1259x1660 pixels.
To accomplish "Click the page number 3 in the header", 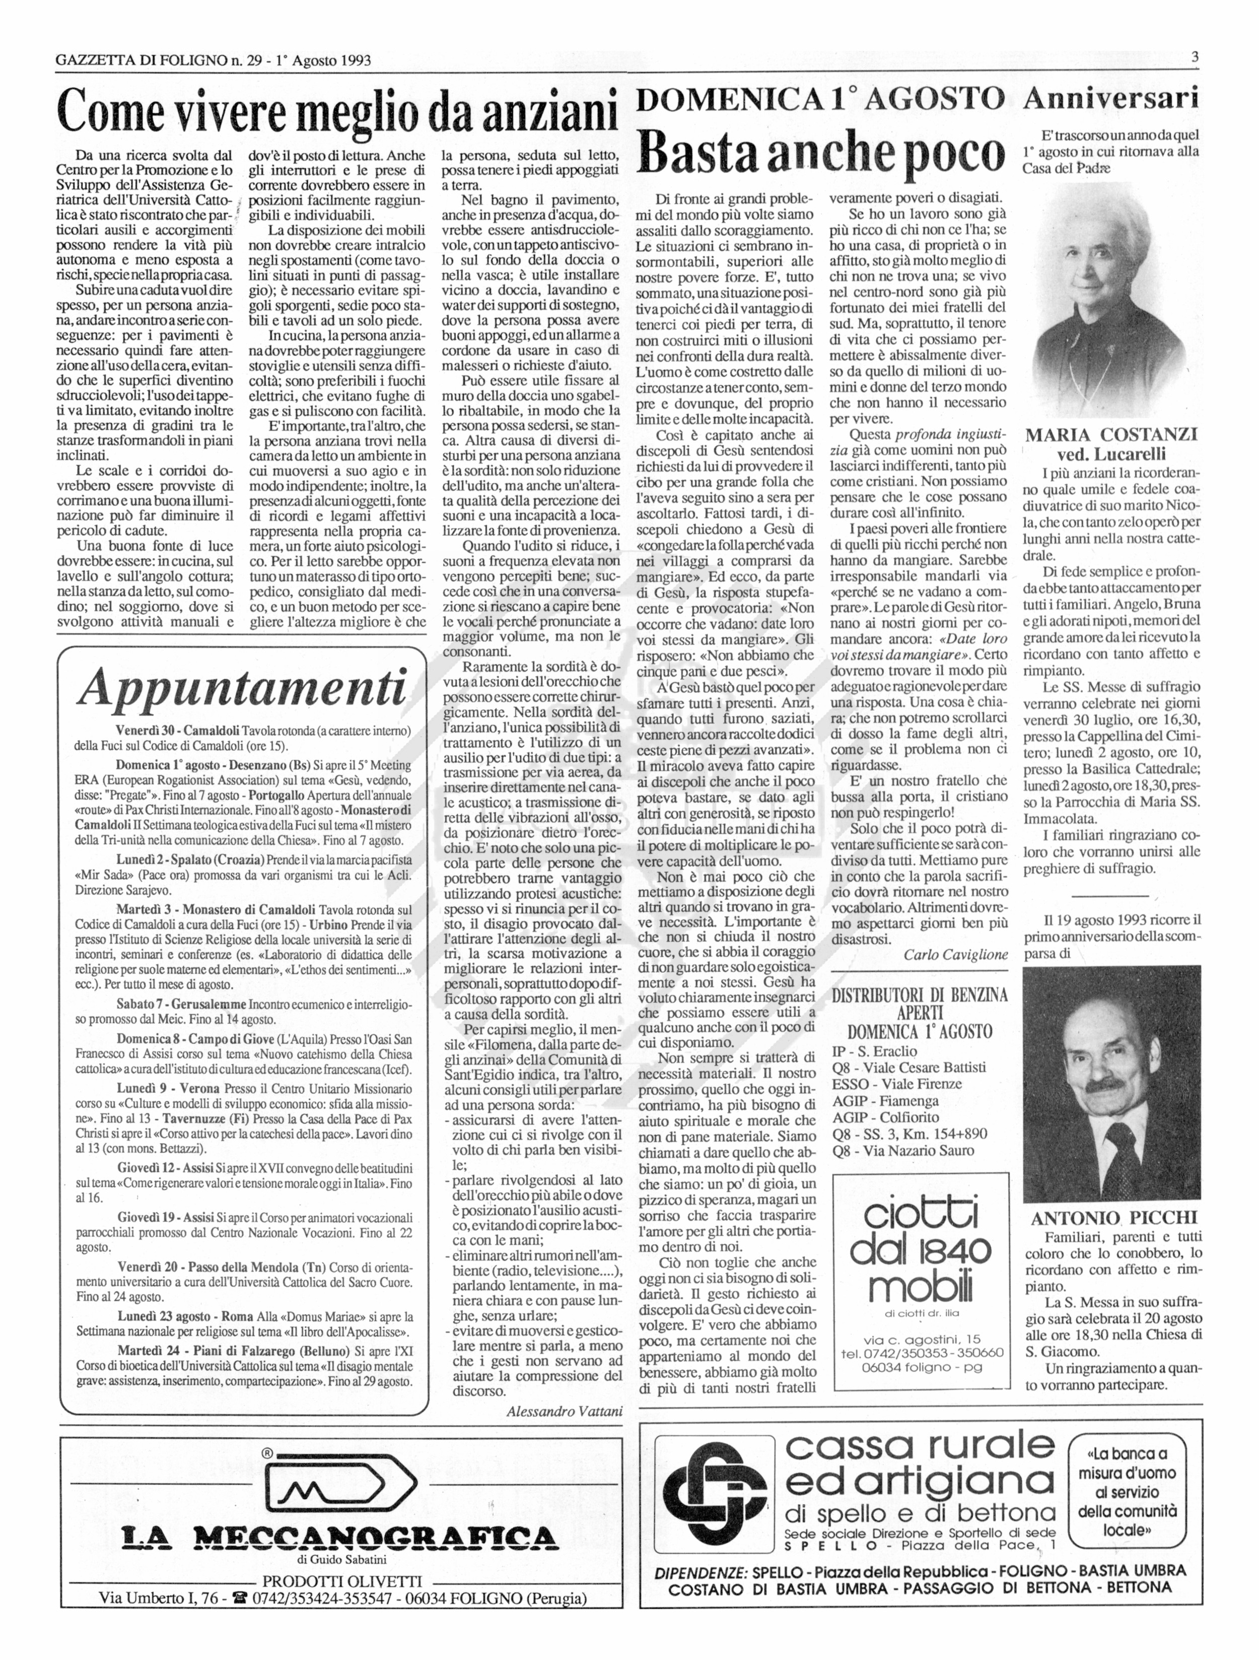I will [x=1194, y=57].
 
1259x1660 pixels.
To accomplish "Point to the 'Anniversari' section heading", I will [x=1111, y=98].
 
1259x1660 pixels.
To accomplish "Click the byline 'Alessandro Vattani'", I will [x=564, y=1411].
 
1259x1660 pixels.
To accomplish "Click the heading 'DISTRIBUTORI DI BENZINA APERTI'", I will [x=919, y=1004].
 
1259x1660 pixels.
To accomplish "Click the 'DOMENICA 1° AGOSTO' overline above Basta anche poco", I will [x=820, y=98].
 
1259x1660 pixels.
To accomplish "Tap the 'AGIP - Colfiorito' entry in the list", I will [x=886, y=1117].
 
